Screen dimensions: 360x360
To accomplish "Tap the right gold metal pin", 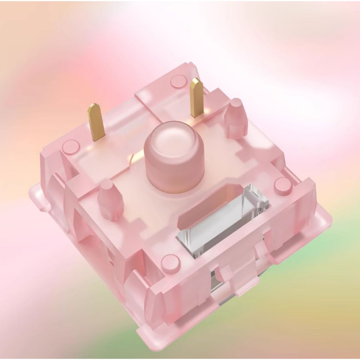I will (197, 98).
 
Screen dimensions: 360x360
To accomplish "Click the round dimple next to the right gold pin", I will (178, 81).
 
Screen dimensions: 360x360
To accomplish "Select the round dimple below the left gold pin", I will (71, 147).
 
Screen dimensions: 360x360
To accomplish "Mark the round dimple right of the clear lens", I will (283, 186).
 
